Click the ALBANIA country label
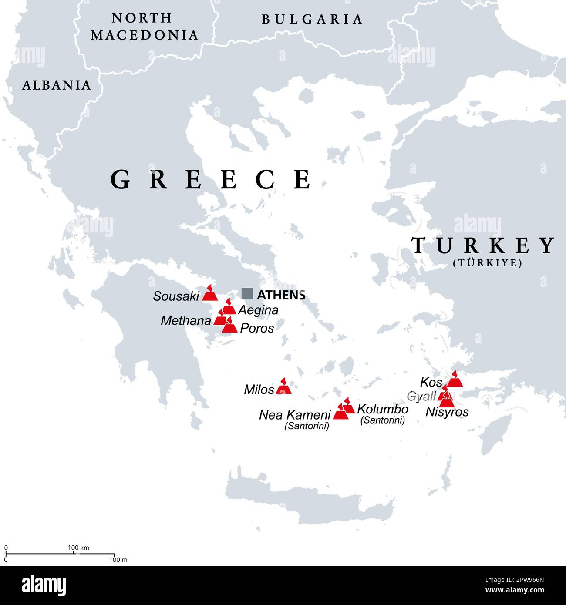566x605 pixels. click(56, 85)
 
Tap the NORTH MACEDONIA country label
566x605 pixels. click(144, 27)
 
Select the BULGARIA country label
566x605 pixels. click(312, 19)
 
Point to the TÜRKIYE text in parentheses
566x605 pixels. click(487, 263)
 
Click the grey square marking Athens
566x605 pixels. click(247, 294)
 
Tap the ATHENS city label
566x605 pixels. click(281, 295)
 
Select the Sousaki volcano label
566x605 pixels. click(176, 296)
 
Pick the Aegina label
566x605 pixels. click(258, 310)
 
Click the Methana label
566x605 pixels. click(186, 321)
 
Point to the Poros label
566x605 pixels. click(257, 328)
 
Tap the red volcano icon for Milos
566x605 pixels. click(283, 387)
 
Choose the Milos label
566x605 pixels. click(259, 390)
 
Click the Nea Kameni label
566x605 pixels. click(295, 415)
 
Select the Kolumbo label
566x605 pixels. click(382, 409)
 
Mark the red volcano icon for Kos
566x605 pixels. click(455, 380)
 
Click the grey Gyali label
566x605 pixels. click(421, 397)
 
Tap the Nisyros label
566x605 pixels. click(447, 412)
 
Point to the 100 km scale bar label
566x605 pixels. click(78, 548)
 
